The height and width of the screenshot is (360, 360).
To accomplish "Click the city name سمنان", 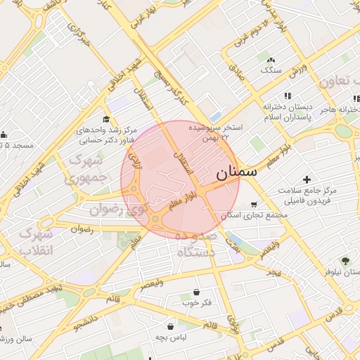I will coord(236,172).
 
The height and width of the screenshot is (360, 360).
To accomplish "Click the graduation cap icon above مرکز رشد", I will coord(106,119).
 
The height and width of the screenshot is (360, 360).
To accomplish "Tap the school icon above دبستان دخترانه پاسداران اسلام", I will coord(287,96).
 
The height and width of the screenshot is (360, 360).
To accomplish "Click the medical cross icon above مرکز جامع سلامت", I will coord(307,180).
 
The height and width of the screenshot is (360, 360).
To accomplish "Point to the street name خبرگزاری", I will coord(79,33).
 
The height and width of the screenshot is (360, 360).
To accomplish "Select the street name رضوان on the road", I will coord(82,229).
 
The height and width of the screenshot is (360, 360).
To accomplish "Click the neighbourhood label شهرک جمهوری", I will coord(89,169).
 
